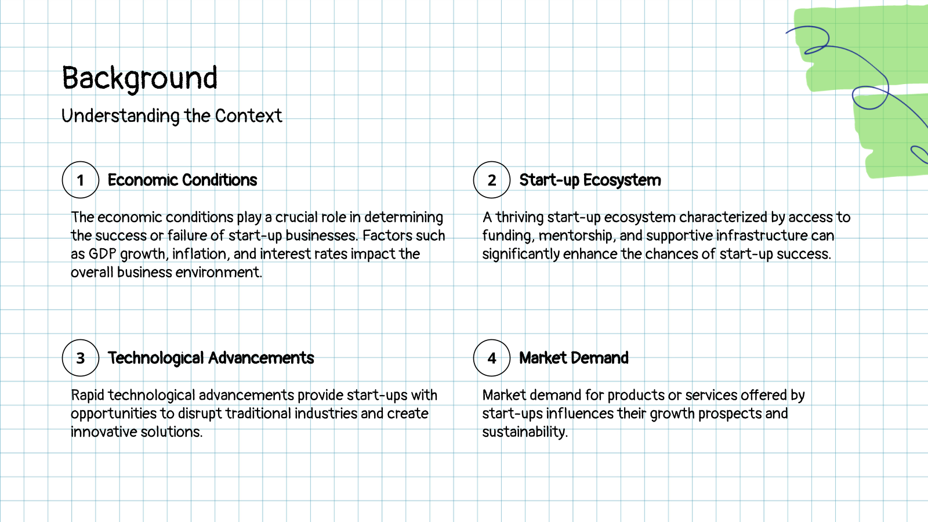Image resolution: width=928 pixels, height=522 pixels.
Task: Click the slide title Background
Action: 140,78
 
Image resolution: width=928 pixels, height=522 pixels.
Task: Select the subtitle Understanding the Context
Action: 172,116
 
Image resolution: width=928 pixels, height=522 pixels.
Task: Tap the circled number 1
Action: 81,180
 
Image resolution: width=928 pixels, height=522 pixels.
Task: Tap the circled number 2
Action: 492,180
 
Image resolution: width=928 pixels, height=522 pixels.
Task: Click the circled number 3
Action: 81,358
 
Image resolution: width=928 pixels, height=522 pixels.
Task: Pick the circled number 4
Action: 492,358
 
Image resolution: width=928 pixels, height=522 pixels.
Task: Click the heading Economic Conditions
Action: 182,180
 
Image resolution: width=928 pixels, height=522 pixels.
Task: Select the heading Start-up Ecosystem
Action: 590,180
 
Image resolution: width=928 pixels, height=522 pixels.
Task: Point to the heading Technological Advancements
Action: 211,358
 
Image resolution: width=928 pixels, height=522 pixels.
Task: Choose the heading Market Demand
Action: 574,358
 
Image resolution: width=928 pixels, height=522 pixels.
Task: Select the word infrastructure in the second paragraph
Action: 762,235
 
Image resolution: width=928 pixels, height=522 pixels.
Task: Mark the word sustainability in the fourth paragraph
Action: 525,432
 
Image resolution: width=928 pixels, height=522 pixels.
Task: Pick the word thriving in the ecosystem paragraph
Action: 520,217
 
